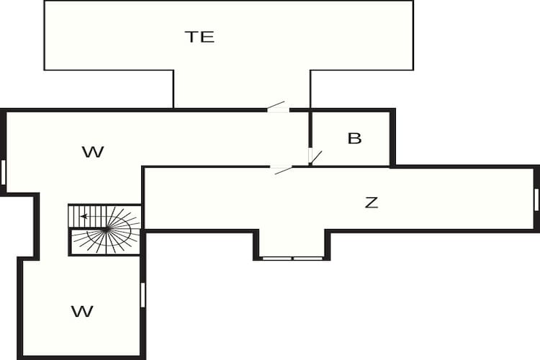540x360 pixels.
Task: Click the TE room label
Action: [199, 37]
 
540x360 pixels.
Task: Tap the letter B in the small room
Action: [354, 138]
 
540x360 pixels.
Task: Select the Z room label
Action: [372, 202]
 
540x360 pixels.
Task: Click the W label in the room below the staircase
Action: [82, 312]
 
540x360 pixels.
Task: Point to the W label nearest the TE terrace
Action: [93, 152]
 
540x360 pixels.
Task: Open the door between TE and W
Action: [278, 107]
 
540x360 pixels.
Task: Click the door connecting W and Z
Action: [281, 169]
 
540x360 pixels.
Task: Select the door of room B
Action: [313, 157]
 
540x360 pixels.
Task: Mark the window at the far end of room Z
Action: [536, 199]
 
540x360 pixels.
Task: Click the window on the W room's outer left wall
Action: [4, 172]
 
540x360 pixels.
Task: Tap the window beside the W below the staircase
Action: [143, 295]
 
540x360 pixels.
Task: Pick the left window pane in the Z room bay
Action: [277, 258]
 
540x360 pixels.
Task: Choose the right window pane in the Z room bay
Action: [308, 258]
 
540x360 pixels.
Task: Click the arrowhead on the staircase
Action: [84, 216]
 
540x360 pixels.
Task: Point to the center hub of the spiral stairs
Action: [107, 228]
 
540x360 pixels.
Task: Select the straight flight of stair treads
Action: [88, 216]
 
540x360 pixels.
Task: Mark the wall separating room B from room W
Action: [310, 138]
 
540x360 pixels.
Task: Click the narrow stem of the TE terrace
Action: [242, 89]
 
